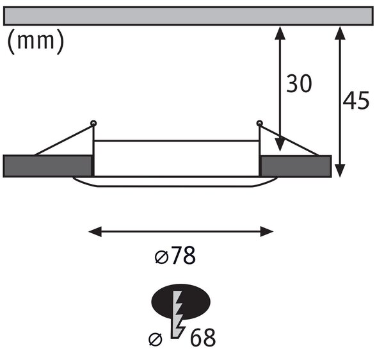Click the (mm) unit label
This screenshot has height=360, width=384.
(x=36, y=41)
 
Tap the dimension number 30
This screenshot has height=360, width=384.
(x=299, y=83)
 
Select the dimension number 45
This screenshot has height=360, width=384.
(x=356, y=100)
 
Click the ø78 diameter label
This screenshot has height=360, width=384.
(x=175, y=256)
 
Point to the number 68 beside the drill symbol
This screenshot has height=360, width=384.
(x=203, y=338)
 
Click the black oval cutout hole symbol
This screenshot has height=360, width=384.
(x=181, y=302)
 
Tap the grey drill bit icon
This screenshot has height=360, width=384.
(x=177, y=315)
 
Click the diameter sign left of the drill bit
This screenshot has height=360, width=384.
(x=156, y=340)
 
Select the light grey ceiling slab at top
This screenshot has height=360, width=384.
(x=188, y=16)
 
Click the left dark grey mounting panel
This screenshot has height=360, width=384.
(x=48, y=166)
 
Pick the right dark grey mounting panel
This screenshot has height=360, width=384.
(x=296, y=166)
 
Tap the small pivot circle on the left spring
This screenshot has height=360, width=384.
(x=93, y=123)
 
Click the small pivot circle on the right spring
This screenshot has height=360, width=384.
(x=259, y=123)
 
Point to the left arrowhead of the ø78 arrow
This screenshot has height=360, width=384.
(x=95, y=231)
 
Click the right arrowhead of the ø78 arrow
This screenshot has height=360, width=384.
(x=267, y=231)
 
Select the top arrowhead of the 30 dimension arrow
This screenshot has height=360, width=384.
(x=280, y=33)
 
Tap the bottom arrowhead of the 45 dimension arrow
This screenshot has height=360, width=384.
(x=340, y=170)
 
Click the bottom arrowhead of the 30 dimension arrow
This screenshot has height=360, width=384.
(x=280, y=145)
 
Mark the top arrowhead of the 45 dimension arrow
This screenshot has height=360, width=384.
(x=340, y=33)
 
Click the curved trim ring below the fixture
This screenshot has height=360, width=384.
(x=175, y=186)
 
